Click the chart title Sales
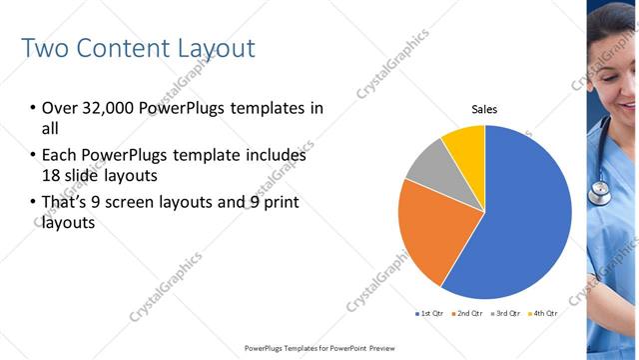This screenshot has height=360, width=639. click(x=484, y=109)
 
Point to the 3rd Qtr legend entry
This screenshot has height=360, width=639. click(x=505, y=314)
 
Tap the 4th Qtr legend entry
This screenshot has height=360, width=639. click(x=542, y=314)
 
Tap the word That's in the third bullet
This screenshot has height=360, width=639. click(x=65, y=203)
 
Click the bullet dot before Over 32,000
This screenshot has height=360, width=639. click(x=32, y=109)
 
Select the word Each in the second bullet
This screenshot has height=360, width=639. click(x=58, y=156)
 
